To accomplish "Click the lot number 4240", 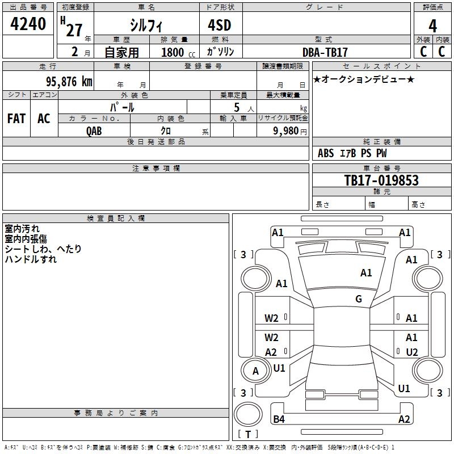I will click(x=28, y=24).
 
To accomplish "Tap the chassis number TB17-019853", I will click(x=381, y=180).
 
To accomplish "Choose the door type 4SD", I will click(x=220, y=26).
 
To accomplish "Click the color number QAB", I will click(x=94, y=131).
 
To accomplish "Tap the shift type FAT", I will click(x=16, y=119).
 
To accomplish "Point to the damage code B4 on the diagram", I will click(x=279, y=419).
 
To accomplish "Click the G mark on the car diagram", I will click(x=359, y=299).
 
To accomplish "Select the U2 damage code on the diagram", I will click(x=412, y=352).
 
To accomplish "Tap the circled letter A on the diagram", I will click(x=255, y=371).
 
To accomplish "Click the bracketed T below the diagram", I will click(x=248, y=434).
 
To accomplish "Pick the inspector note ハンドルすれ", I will click(x=31, y=259).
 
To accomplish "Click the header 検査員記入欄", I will click(x=116, y=218).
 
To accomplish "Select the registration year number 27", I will click(x=74, y=30).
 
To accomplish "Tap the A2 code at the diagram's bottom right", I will click(x=404, y=419).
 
